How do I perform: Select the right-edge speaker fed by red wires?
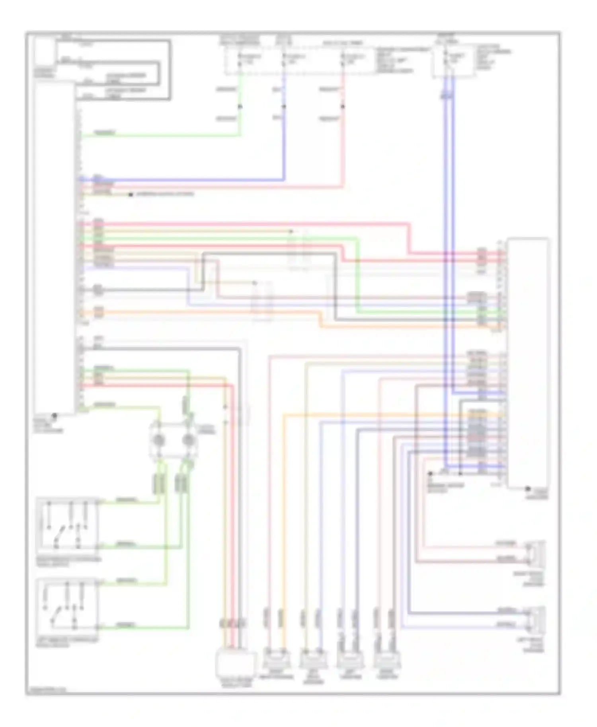tap(535, 553)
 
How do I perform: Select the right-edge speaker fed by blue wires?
tap(535, 619)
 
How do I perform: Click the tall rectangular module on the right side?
tap(528, 362)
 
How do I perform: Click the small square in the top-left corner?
tap(45, 52)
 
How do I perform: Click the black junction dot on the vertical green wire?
tap(240, 106)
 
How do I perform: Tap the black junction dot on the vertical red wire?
tap(343, 106)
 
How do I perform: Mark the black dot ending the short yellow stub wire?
tap(131, 194)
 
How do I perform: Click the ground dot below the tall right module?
tap(528, 489)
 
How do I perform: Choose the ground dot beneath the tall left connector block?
tap(55, 416)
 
